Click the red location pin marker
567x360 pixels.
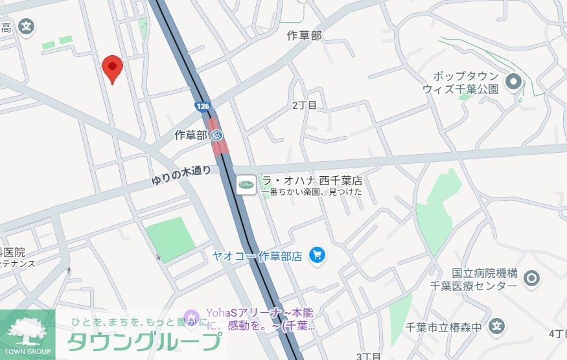(x=113, y=67)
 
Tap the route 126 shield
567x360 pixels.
(x=203, y=104)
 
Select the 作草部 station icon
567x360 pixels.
(x=217, y=135)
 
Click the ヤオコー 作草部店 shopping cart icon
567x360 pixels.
(x=317, y=255)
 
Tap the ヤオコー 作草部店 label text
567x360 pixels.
(x=257, y=256)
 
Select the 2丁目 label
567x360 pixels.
(x=305, y=105)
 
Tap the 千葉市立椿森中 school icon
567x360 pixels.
(x=497, y=326)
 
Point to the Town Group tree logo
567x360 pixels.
(x=27, y=331)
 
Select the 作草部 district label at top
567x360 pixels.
(x=304, y=36)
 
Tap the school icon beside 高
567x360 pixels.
(x=26, y=27)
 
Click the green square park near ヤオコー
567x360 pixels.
(x=170, y=238)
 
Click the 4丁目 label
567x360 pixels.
(x=557, y=333)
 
